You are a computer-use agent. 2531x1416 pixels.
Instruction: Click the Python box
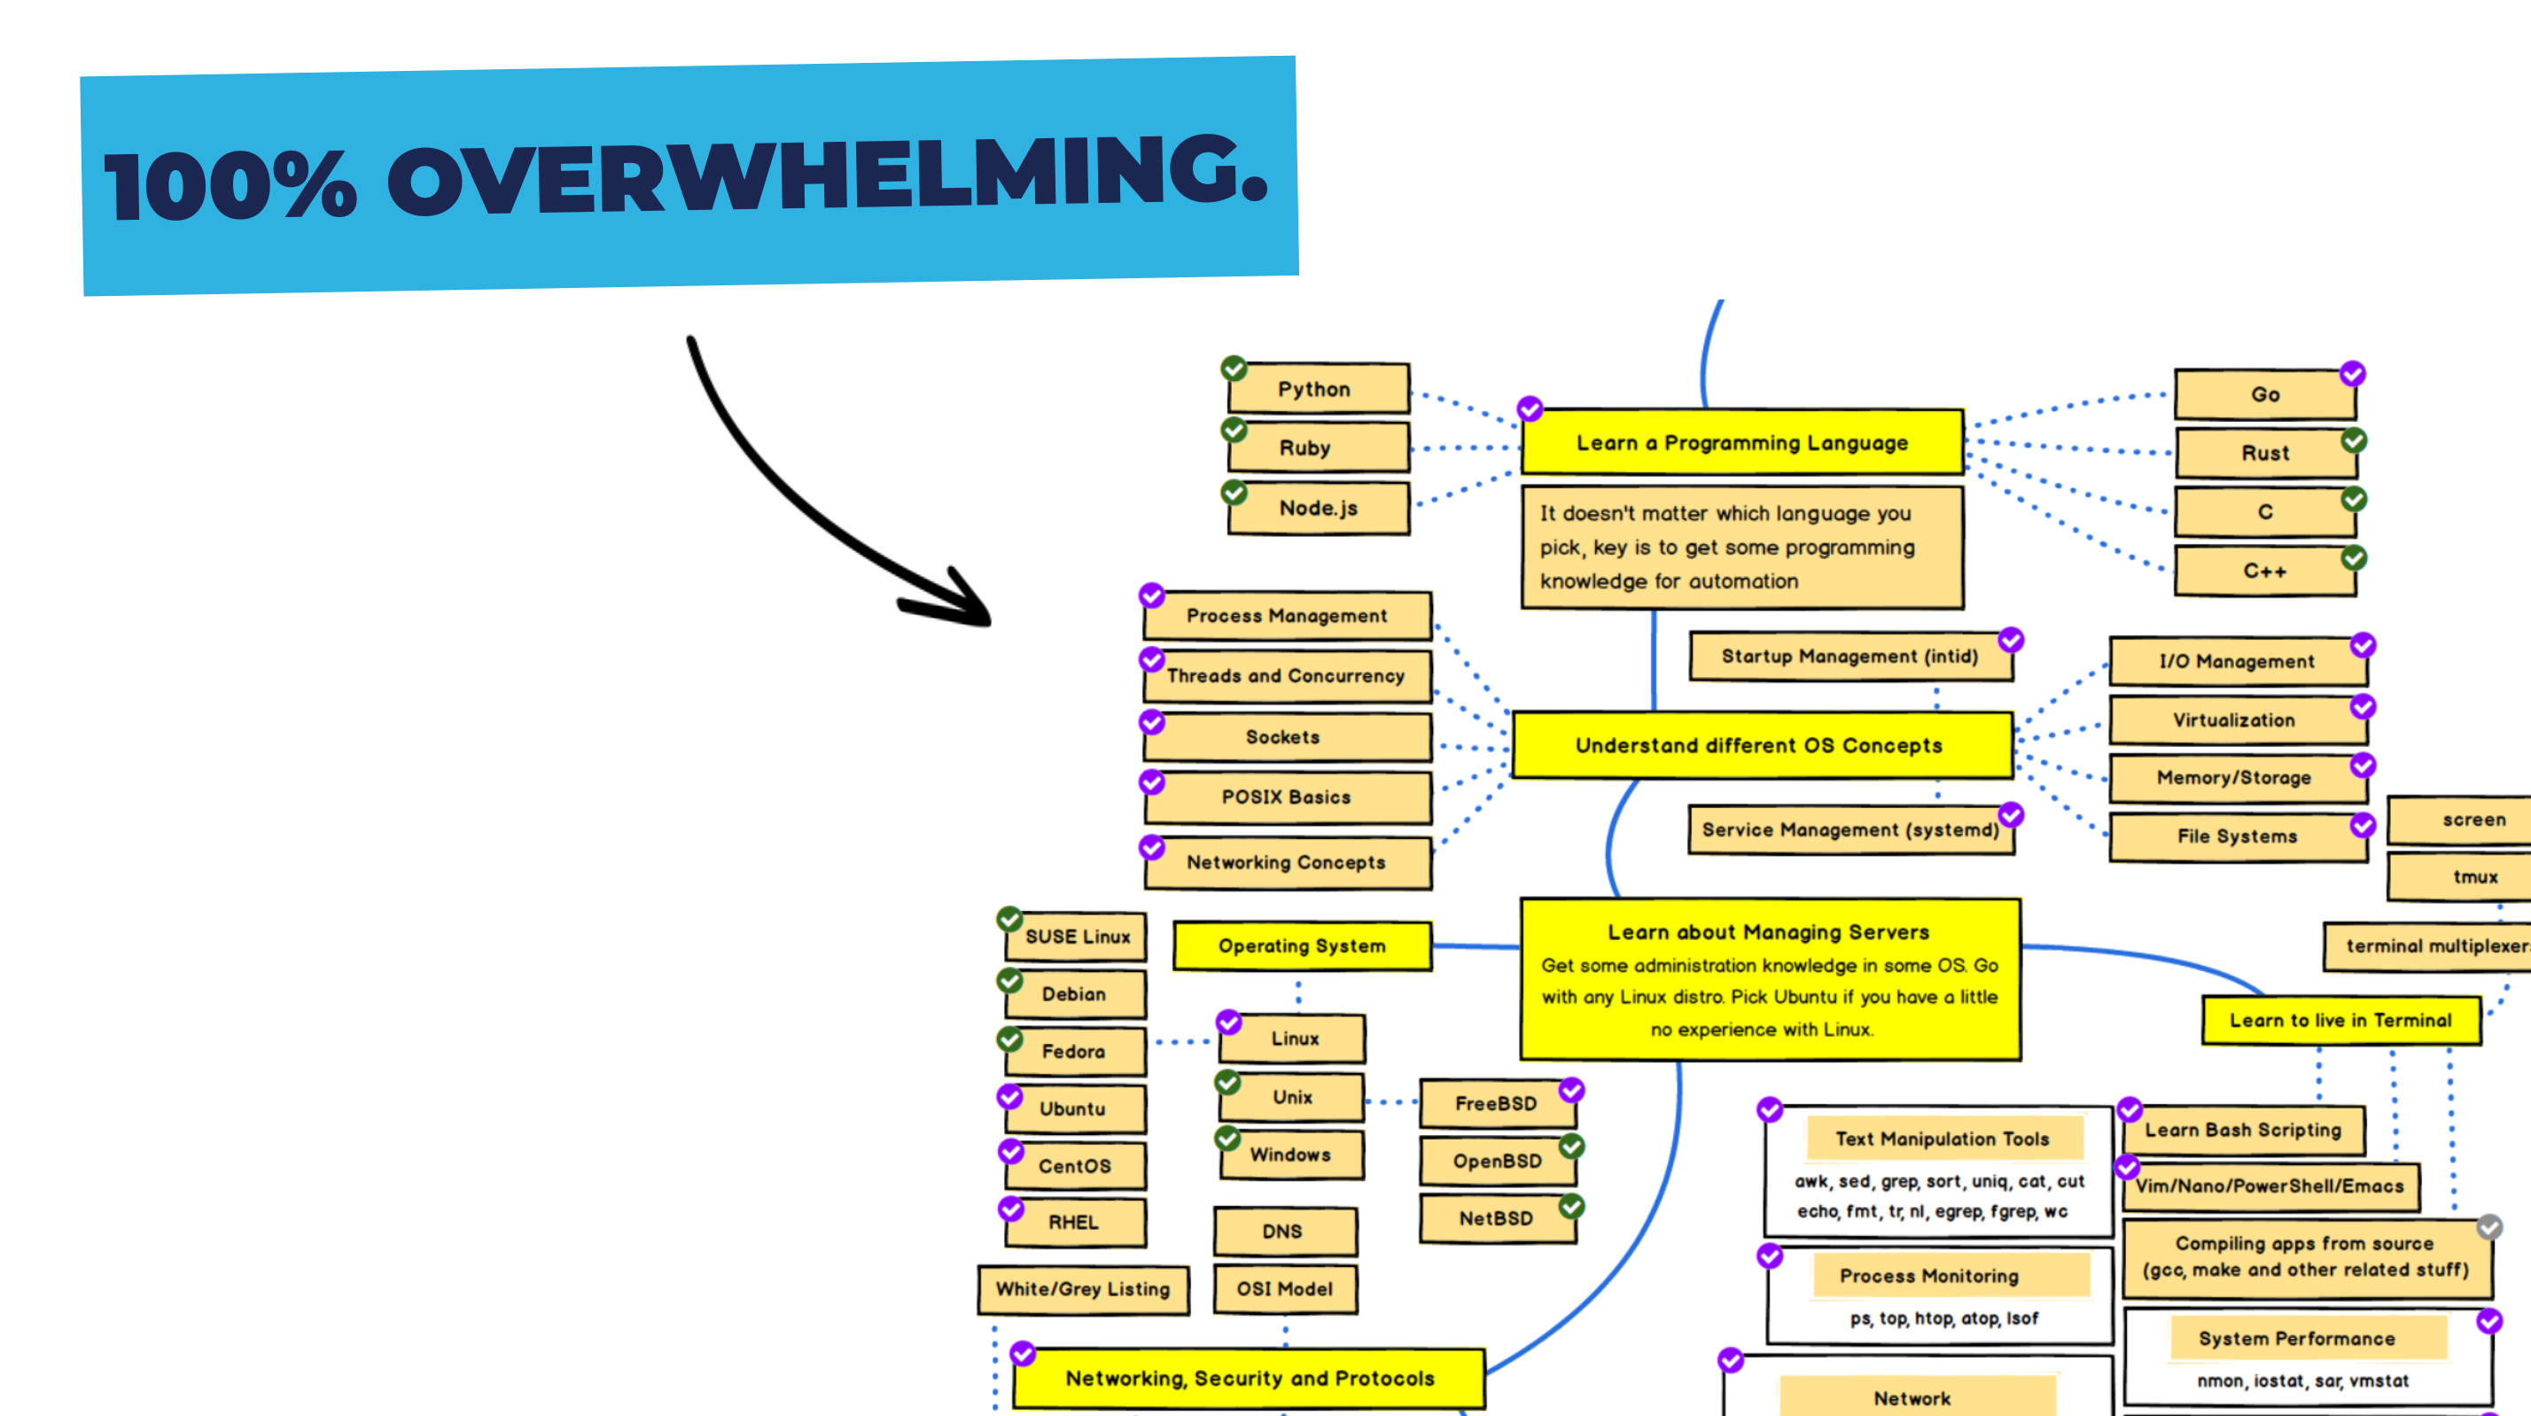click(x=1318, y=389)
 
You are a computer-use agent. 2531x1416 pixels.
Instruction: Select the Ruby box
click(x=1318, y=448)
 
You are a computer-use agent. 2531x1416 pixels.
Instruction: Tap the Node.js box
click(x=1318, y=508)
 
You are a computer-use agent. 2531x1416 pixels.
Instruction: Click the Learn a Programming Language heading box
click(x=1741, y=443)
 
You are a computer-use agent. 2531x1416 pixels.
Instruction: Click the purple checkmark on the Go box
click(x=2352, y=373)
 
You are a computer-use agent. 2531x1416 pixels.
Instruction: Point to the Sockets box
click(x=1286, y=737)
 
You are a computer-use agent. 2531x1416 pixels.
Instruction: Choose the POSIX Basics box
click(x=1286, y=797)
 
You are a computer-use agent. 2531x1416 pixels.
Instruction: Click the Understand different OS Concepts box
click(x=1760, y=746)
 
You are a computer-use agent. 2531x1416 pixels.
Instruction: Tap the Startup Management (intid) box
click(x=1850, y=657)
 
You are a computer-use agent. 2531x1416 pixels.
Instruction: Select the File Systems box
click(x=2236, y=836)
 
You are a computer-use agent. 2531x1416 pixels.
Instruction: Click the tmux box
click(x=2466, y=876)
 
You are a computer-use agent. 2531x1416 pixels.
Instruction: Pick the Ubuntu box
click(x=1074, y=1109)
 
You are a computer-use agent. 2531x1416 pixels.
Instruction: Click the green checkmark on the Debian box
click(x=1010, y=980)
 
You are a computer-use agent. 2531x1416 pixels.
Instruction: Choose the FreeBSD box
click(x=1497, y=1103)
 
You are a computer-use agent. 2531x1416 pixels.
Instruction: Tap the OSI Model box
click(x=1284, y=1289)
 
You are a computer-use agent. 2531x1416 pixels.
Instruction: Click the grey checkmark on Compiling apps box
click(x=2488, y=1226)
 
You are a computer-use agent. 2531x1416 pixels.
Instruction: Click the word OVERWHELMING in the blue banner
click(x=825, y=175)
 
